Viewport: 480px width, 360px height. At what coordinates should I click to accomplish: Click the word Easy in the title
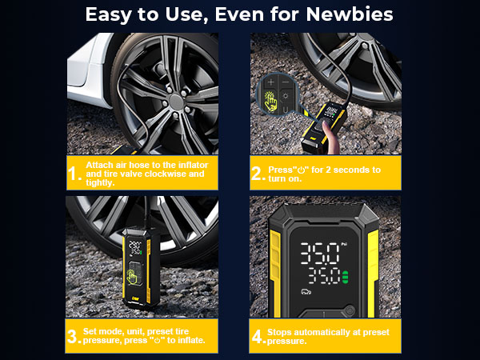112,14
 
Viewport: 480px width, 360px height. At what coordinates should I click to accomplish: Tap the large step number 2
258,174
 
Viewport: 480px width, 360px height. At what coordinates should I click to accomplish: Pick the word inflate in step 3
190,341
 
